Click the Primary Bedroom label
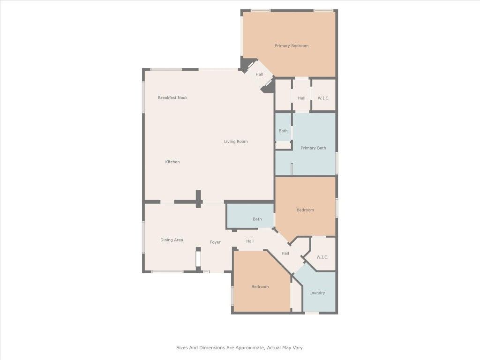click(292, 45)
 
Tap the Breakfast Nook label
click(172, 97)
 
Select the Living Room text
click(236, 142)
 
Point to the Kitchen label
click(172, 162)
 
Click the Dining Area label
click(172, 240)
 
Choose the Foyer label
click(215, 242)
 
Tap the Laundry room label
click(317, 293)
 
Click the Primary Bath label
click(313, 148)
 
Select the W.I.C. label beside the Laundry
click(322, 257)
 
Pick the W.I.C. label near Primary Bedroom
click(323, 98)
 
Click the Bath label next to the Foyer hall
click(257, 219)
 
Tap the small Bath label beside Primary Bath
click(283, 131)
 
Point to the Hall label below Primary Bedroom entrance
click(259, 75)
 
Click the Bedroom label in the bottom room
click(260, 286)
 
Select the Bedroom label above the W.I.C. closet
click(305, 210)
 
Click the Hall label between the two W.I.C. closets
click(301, 98)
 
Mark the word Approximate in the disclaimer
click(250, 348)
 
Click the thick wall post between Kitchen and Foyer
click(198, 198)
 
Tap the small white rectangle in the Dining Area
click(198, 259)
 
